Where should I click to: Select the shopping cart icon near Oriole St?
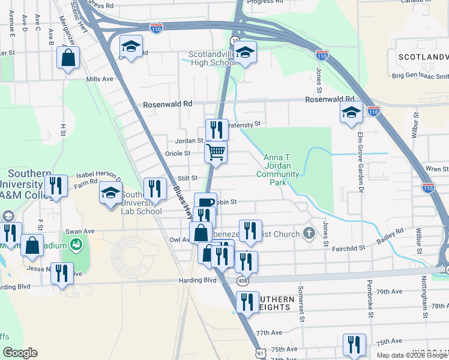[215, 151]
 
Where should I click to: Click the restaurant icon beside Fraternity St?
[217, 128]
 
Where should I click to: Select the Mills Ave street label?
[100, 79]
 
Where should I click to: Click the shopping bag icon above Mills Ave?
[68, 58]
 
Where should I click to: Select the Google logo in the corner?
[20, 353]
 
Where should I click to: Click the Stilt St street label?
[188, 178]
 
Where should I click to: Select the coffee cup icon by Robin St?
[205, 203]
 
